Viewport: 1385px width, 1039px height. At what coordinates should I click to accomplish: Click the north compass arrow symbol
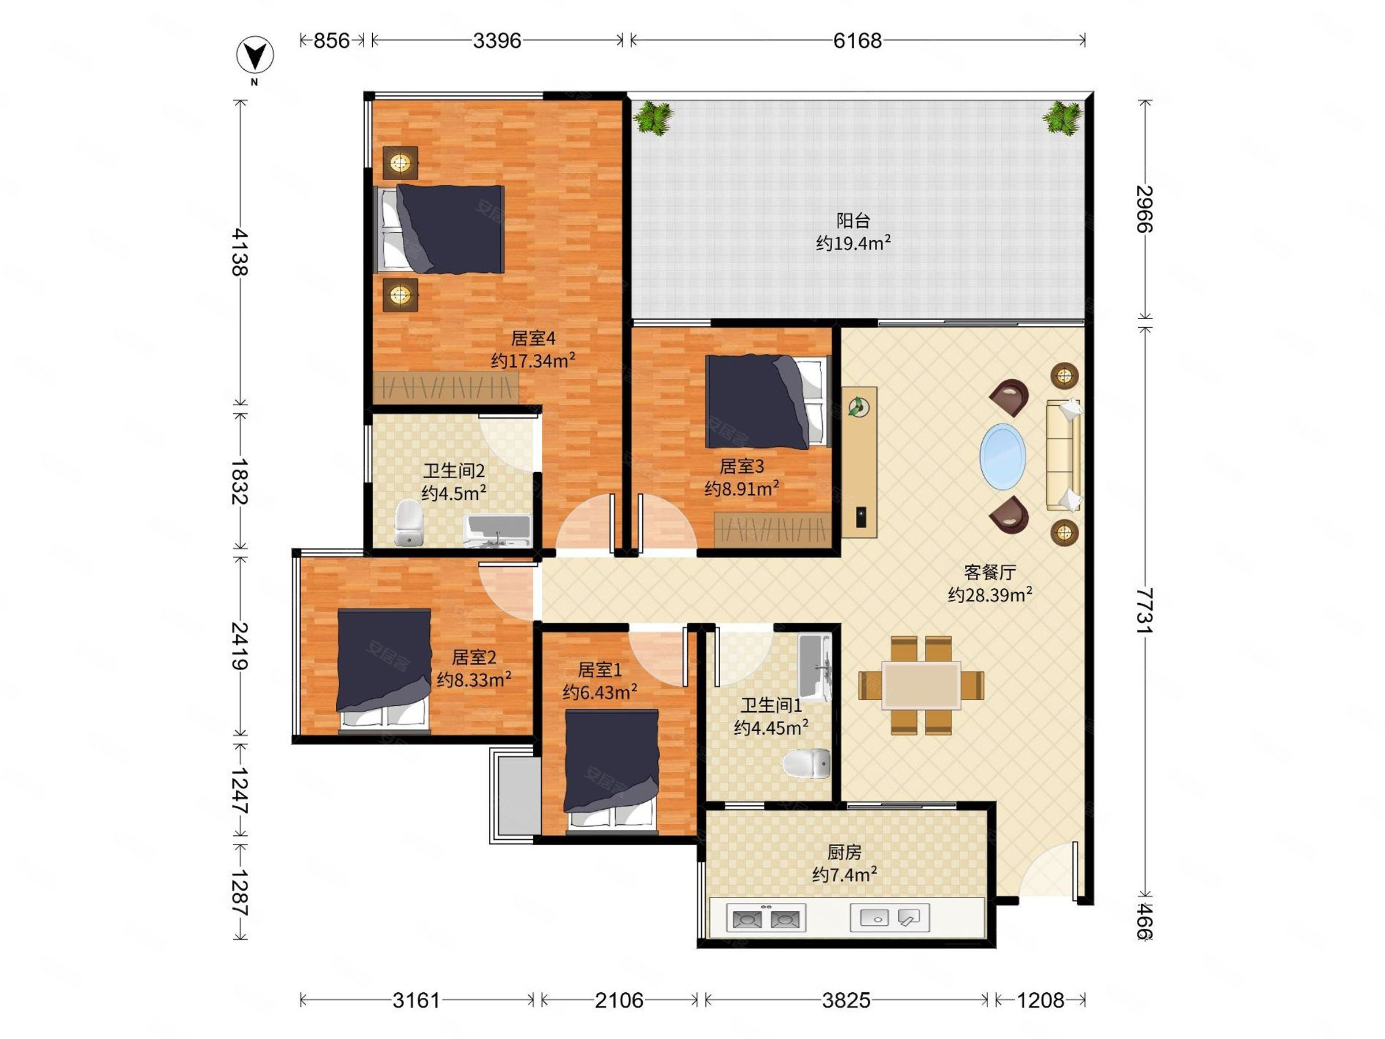pyautogui.click(x=255, y=54)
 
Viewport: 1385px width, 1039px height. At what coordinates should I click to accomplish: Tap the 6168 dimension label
pyautogui.click(x=857, y=41)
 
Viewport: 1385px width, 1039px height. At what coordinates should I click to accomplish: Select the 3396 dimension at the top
pyautogui.click(x=496, y=41)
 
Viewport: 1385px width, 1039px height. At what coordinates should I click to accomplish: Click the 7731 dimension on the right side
pyautogui.click(x=1144, y=610)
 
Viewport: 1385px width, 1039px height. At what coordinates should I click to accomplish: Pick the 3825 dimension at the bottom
pyautogui.click(x=846, y=1000)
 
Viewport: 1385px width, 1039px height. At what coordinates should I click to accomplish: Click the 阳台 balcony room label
pyautogui.click(x=853, y=220)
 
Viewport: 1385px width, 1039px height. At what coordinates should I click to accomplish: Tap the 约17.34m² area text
pyautogui.click(x=533, y=361)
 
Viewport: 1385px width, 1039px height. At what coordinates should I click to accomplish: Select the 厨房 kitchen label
pyautogui.click(x=844, y=852)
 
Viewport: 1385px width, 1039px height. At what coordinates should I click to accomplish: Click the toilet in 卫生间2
pyautogui.click(x=409, y=522)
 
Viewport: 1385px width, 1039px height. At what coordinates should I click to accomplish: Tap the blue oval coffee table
pyautogui.click(x=1002, y=456)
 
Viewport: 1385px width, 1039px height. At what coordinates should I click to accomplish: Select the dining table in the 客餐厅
pyautogui.click(x=921, y=685)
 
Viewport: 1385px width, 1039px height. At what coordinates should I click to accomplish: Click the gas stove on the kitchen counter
pyautogui.click(x=766, y=919)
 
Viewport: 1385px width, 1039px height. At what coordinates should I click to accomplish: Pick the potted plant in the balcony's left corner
pyautogui.click(x=653, y=118)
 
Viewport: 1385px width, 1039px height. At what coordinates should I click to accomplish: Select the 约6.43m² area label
pyautogui.click(x=600, y=692)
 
